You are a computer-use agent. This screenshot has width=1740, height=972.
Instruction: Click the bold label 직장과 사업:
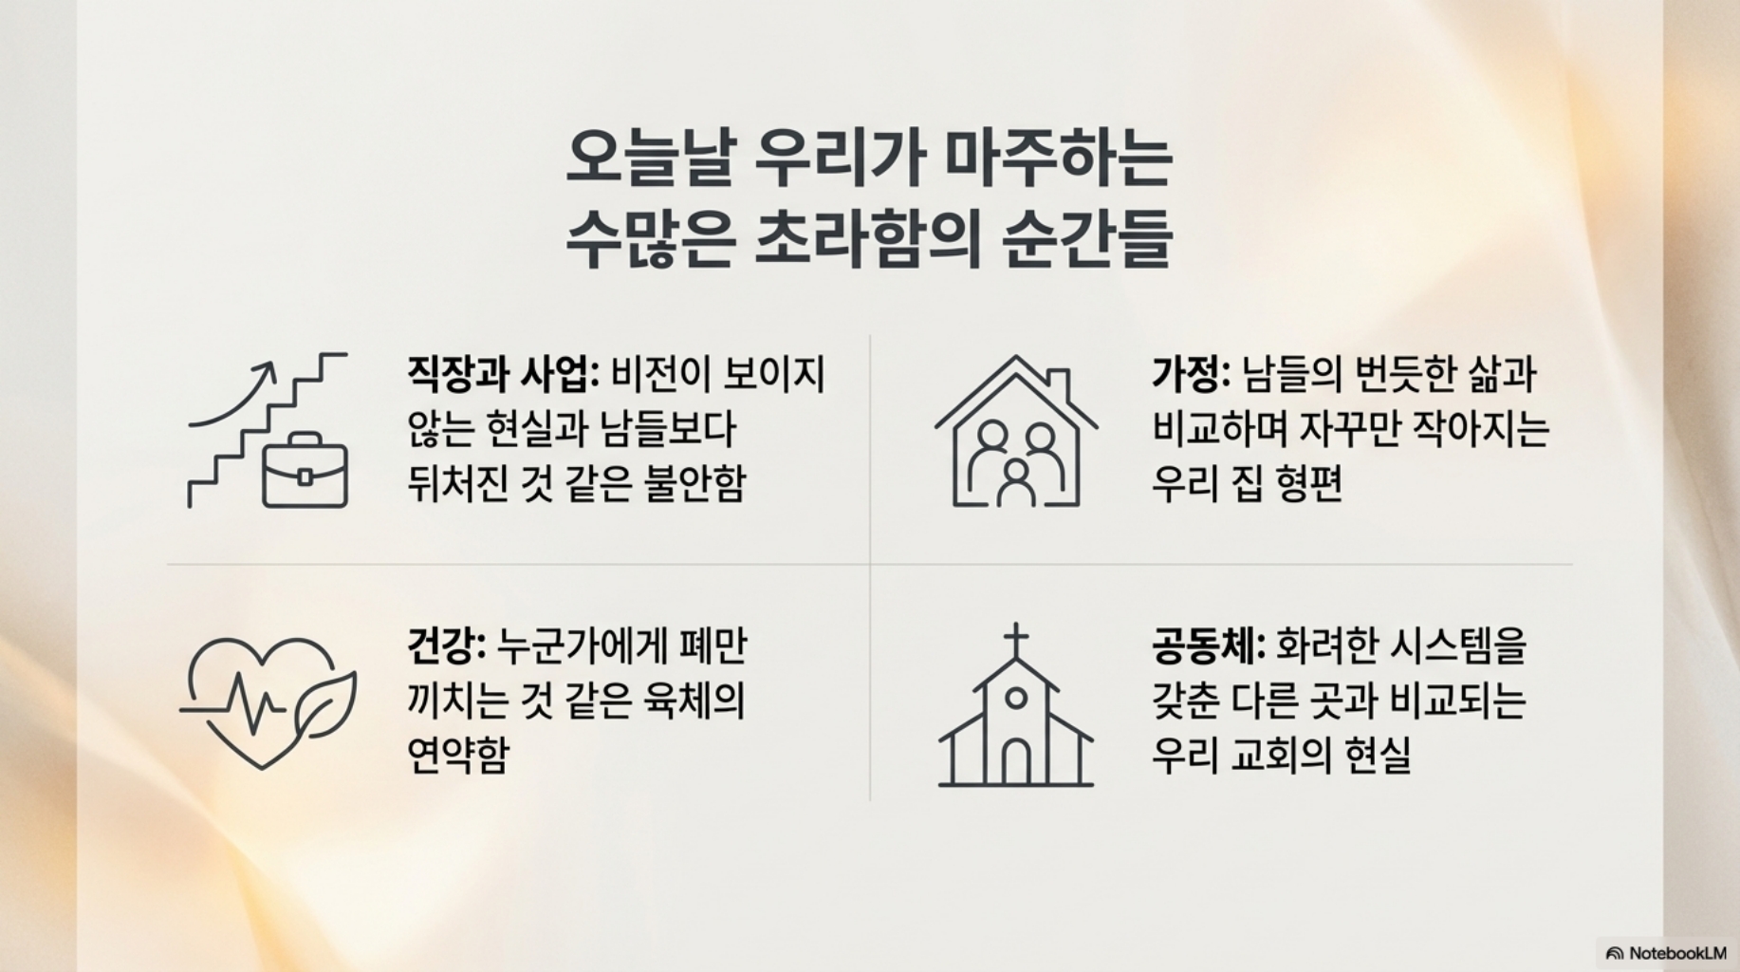pos(503,374)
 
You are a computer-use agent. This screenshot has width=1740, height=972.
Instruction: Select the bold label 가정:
pos(1191,374)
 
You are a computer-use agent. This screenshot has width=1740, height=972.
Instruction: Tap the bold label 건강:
pos(446,646)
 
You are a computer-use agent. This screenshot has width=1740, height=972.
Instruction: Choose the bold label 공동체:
pos(1209,646)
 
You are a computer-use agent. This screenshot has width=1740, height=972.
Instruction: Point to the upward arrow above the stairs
pos(233,393)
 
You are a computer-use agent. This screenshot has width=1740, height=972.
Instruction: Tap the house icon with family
pos(1016,431)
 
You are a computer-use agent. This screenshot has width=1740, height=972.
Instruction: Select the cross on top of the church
pos(1016,641)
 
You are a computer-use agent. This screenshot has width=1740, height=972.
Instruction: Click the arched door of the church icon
pos(1016,759)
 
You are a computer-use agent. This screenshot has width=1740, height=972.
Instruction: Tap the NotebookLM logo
pos(1667,953)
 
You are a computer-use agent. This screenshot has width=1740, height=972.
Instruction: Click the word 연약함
pos(458,756)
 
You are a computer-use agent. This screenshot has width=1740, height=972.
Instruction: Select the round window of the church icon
pos(1016,699)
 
